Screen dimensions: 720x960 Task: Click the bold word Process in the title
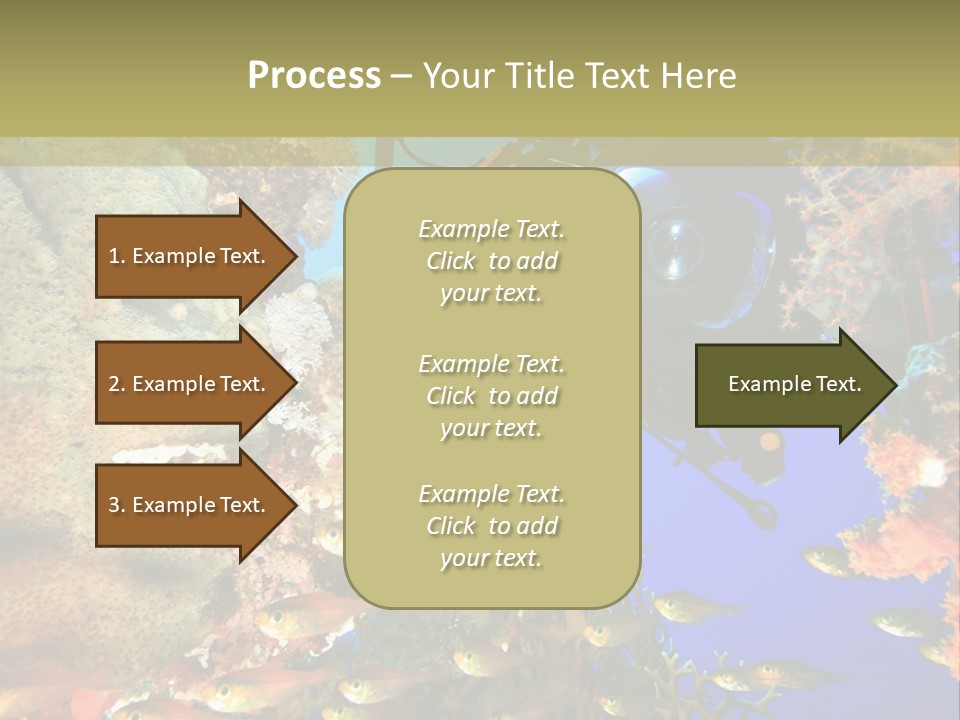(x=314, y=76)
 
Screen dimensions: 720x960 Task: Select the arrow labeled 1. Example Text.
(x=190, y=256)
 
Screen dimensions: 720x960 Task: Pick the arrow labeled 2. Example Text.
(x=190, y=384)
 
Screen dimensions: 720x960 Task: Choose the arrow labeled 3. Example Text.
(x=190, y=505)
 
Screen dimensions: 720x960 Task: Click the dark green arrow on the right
(x=790, y=384)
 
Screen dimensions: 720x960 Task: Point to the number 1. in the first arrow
(x=117, y=256)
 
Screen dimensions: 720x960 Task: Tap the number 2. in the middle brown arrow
(x=117, y=384)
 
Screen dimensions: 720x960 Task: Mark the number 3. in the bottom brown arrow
(x=117, y=505)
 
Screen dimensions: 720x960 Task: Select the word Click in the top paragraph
(x=451, y=261)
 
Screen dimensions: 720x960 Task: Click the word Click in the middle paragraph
(x=451, y=396)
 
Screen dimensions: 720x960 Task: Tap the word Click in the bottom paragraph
(x=451, y=526)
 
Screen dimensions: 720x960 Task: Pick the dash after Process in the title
(x=401, y=76)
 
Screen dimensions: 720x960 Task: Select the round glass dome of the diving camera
(x=680, y=245)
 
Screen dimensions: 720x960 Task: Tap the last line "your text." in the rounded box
(x=490, y=558)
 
